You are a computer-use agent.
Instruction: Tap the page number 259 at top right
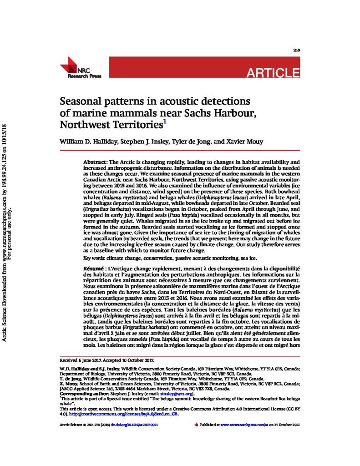click(x=296, y=50)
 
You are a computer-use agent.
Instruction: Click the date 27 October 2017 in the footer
click(x=287, y=425)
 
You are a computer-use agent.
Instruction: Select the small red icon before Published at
click(x=196, y=425)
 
